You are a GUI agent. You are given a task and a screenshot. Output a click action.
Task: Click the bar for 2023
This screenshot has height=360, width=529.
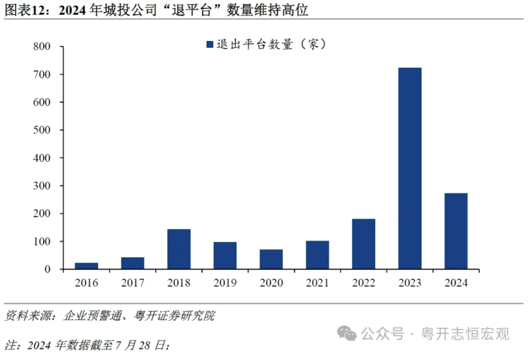(x=410, y=168)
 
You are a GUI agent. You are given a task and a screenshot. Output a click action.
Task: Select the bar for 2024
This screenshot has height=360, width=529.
(x=456, y=231)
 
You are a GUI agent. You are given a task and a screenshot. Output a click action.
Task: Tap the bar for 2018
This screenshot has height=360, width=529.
(x=179, y=249)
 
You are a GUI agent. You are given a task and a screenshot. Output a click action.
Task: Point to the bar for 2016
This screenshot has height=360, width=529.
(x=86, y=266)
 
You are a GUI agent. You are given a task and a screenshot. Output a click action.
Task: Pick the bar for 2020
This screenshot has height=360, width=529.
(x=271, y=259)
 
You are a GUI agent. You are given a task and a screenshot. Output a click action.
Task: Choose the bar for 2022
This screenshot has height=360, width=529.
(x=364, y=244)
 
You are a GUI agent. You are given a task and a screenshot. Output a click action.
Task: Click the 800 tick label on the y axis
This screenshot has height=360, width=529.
(x=42, y=46)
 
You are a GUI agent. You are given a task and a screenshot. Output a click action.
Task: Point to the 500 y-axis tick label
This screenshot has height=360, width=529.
(x=42, y=130)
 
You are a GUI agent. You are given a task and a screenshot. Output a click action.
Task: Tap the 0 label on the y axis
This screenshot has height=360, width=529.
(x=47, y=269)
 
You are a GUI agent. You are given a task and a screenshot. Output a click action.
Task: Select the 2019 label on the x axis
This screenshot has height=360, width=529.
(x=225, y=283)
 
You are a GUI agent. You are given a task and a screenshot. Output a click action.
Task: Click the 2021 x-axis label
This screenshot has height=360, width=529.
(x=318, y=283)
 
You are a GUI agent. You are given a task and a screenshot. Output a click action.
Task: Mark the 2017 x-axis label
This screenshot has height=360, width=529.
(x=132, y=283)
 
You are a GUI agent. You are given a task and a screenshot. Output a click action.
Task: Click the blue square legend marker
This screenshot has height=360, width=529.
(x=210, y=45)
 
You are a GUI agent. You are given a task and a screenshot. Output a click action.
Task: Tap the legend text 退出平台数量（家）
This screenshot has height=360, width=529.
(x=271, y=44)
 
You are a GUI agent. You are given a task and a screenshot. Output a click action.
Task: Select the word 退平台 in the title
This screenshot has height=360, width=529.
(x=192, y=10)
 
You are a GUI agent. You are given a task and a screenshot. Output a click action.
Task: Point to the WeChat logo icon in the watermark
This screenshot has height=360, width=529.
(x=347, y=333)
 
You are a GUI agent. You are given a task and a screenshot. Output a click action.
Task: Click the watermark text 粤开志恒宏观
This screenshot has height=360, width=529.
(x=465, y=334)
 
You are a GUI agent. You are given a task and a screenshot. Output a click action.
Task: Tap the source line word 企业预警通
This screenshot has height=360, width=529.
(x=93, y=315)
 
